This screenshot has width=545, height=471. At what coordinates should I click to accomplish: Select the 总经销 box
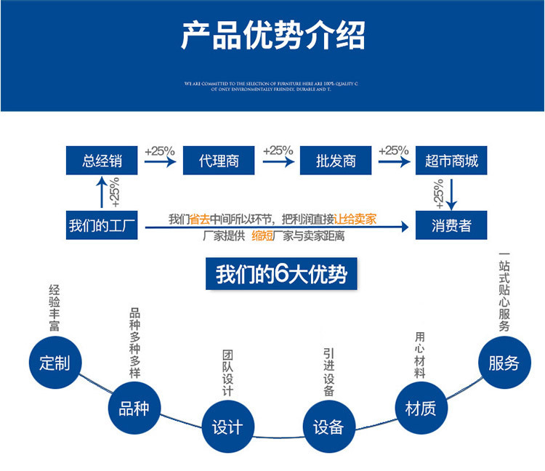point(102,161)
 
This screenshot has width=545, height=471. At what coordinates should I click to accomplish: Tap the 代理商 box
point(219,161)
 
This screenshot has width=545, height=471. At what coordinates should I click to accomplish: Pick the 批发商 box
point(336,161)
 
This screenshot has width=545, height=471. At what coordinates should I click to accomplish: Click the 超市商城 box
point(451,161)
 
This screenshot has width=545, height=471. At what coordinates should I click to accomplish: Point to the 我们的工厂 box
point(102,225)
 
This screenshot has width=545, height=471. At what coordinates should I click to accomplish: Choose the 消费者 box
point(451,225)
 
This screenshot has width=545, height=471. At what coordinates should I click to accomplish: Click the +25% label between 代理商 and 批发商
point(278,151)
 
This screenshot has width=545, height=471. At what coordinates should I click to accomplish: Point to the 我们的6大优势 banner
point(281,275)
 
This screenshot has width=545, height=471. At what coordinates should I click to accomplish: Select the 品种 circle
point(133,408)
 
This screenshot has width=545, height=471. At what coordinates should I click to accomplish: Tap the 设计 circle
point(227,427)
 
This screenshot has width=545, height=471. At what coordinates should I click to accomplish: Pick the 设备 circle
point(328,427)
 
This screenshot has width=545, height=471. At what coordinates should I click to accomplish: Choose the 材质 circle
point(420,408)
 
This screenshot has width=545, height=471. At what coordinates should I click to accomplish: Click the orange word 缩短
point(263,236)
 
